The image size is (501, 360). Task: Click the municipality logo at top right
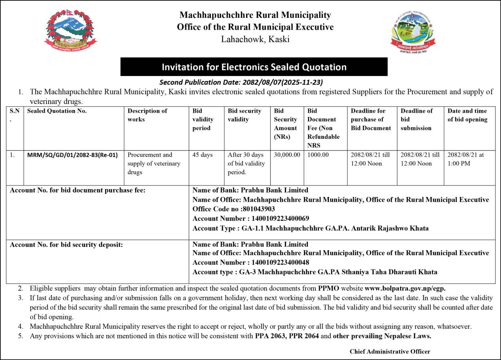click(412, 33)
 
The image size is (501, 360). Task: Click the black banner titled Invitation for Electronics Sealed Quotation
click(254, 67)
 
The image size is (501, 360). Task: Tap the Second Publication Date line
click(241, 82)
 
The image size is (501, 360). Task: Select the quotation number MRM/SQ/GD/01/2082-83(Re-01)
click(72, 155)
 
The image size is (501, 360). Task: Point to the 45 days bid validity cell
click(202, 155)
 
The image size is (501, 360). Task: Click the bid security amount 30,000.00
click(287, 155)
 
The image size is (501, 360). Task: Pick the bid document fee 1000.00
click(318, 155)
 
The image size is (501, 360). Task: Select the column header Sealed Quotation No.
click(57, 111)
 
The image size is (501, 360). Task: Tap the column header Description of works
click(147, 115)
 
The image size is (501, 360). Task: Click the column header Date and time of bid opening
click(467, 115)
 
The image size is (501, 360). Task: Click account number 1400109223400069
click(279, 218)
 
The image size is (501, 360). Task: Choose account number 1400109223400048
click(279, 262)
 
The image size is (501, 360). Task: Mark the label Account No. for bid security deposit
click(66, 245)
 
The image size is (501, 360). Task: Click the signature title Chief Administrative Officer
click(390, 351)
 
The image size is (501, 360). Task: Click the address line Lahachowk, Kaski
click(255, 39)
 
